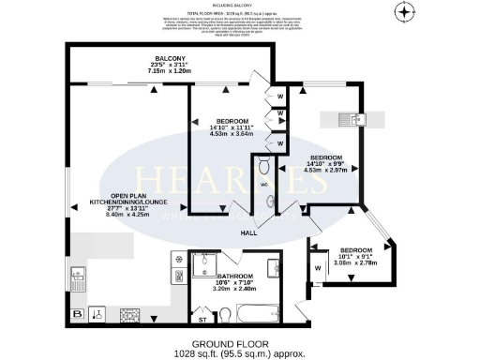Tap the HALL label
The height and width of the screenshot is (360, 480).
248,232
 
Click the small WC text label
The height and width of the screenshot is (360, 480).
263,183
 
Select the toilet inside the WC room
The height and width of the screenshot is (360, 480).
264,167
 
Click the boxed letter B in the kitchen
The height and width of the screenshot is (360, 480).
78,313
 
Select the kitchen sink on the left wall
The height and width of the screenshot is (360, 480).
78,276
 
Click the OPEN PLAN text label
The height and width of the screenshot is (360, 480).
128,196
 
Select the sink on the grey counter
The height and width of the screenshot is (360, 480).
354,119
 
